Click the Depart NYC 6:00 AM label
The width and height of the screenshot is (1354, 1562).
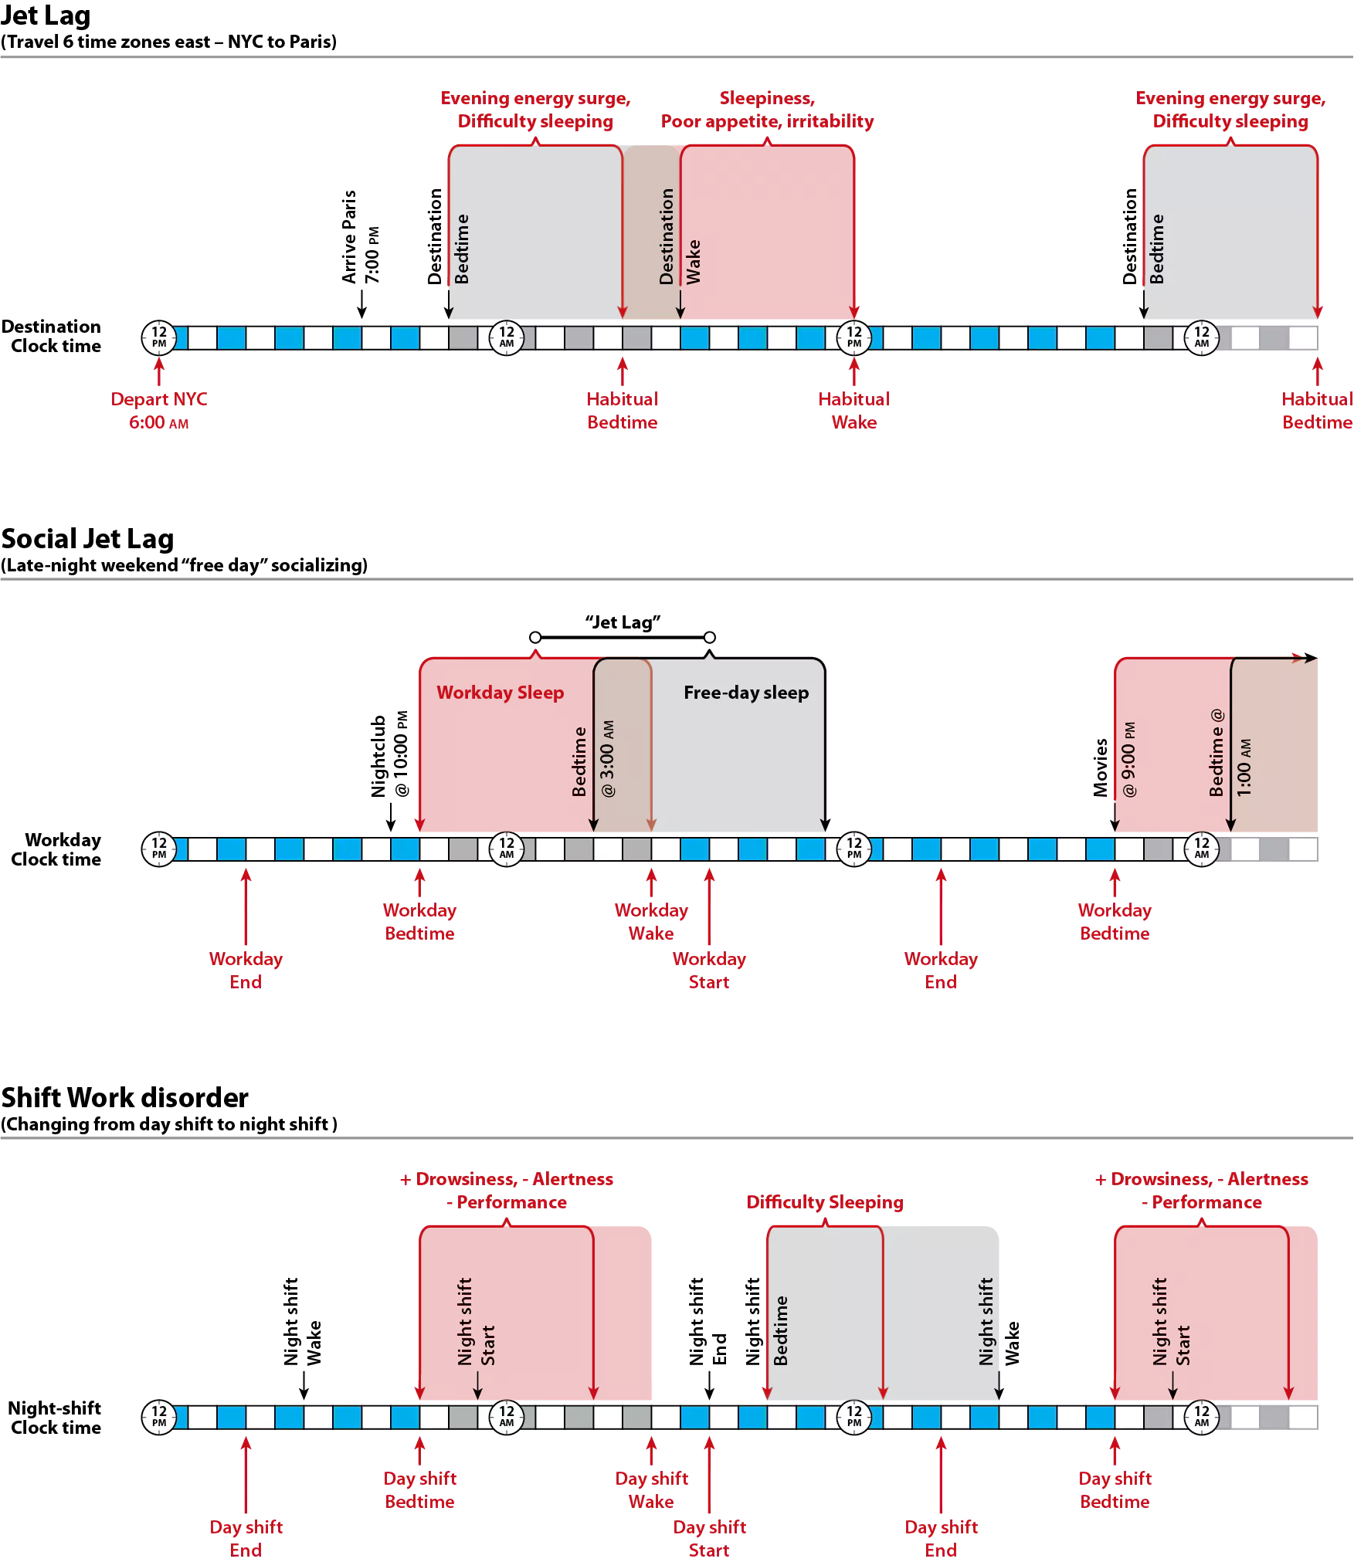tap(159, 411)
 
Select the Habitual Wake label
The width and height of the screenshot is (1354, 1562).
tap(853, 411)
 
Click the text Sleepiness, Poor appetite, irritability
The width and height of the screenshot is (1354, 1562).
tap(767, 110)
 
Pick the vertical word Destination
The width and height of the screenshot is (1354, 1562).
tap(667, 236)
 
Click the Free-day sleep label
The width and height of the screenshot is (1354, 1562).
tap(746, 693)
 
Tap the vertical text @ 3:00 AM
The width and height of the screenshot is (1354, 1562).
tap(608, 758)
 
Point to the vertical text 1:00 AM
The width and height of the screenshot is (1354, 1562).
tap(1244, 767)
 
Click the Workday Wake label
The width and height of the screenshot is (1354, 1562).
tap(651, 922)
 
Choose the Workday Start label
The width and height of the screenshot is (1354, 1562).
tap(709, 971)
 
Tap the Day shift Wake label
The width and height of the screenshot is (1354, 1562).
tap(651, 1490)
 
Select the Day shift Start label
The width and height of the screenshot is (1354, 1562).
tap(709, 1539)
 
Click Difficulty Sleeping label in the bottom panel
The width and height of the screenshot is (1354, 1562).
tap(825, 1202)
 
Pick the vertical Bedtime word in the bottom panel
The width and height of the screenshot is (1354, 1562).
tap(781, 1330)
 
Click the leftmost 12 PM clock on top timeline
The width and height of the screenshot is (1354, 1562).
tap(159, 337)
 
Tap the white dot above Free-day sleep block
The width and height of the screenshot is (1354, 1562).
tap(710, 638)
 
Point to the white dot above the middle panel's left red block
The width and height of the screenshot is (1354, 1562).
tap(535, 638)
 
